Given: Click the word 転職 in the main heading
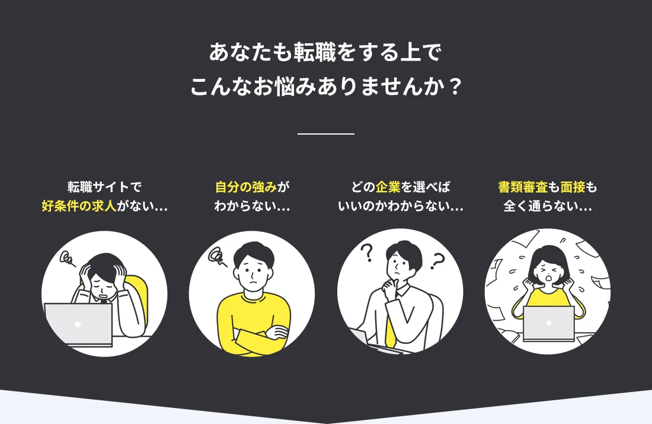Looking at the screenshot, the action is (x=315, y=52).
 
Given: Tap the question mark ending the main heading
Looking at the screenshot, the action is (x=456, y=87).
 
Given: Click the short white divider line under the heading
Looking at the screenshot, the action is (x=326, y=134).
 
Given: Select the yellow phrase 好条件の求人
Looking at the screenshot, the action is (x=79, y=206).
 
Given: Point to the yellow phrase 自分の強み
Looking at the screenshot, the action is (x=246, y=187).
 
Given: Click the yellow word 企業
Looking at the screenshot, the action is (x=388, y=187).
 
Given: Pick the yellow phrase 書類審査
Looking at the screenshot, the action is (x=523, y=187).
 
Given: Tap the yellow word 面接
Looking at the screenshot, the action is (x=573, y=187).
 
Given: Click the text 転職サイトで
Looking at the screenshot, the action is (x=104, y=187).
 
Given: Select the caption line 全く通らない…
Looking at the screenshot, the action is (x=548, y=206).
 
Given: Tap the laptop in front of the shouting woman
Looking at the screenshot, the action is (x=549, y=324).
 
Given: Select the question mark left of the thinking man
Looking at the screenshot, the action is (x=367, y=253).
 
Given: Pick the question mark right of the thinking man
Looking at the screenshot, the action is (x=437, y=262).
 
